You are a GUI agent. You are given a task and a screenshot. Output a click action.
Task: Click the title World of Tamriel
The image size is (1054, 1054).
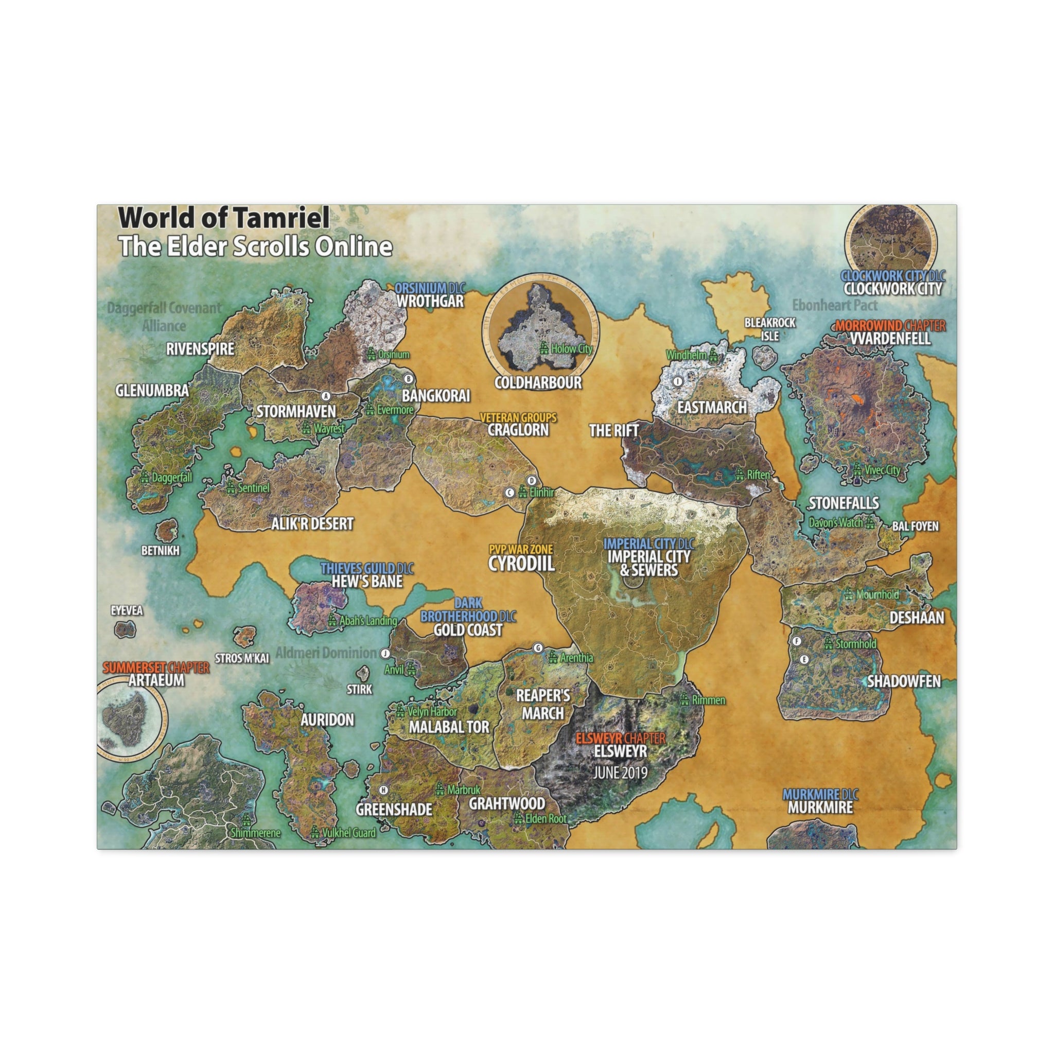(224, 218)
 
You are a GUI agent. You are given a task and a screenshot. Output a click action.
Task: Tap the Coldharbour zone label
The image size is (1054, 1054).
(538, 382)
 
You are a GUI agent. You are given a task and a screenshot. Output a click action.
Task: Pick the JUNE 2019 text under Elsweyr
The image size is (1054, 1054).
(620, 772)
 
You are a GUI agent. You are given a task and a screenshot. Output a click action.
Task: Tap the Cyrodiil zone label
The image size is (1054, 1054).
(521, 564)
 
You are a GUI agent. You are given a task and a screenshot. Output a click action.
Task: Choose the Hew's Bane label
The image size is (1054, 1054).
(367, 582)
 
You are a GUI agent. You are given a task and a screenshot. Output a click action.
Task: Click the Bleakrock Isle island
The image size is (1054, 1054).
(764, 356)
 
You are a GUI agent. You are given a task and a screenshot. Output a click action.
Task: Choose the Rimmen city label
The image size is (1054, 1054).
(708, 700)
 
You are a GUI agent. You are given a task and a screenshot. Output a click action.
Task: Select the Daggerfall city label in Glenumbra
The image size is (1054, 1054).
(171, 478)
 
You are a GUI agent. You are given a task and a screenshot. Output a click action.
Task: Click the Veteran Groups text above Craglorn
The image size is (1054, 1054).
(518, 418)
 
